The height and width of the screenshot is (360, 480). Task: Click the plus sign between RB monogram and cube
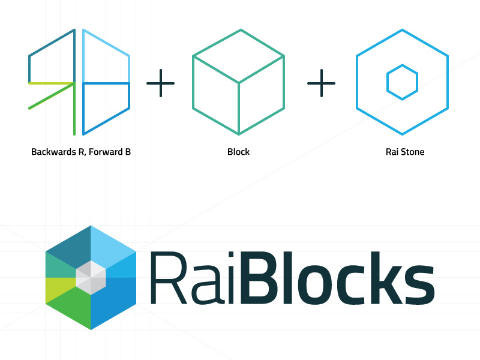point(161,83)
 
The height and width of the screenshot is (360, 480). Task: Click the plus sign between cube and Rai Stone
point(322,83)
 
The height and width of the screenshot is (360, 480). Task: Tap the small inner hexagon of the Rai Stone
point(402,82)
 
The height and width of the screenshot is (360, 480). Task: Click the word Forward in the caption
point(103,152)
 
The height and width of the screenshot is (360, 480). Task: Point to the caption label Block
point(238,152)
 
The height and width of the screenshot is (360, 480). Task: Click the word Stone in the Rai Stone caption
point(412,152)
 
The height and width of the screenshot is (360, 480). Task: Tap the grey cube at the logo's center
point(91,278)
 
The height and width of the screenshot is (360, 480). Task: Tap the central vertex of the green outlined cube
point(238,82)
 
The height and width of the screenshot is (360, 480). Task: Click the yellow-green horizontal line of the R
point(52,83)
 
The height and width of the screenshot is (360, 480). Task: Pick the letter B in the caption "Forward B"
point(127,152)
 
